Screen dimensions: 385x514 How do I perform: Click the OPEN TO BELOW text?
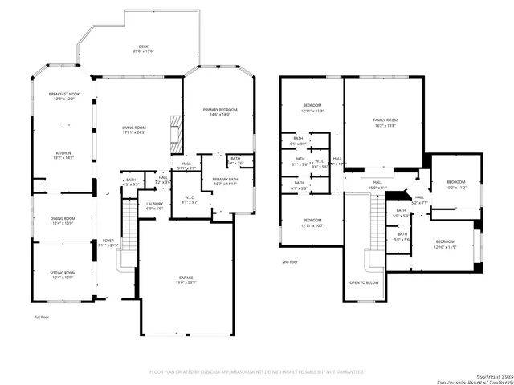point(364,282)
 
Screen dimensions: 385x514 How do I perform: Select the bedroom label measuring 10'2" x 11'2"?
point(455,184)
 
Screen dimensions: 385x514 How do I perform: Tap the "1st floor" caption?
point(42,317)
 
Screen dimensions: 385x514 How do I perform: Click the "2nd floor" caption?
point(289,262)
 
